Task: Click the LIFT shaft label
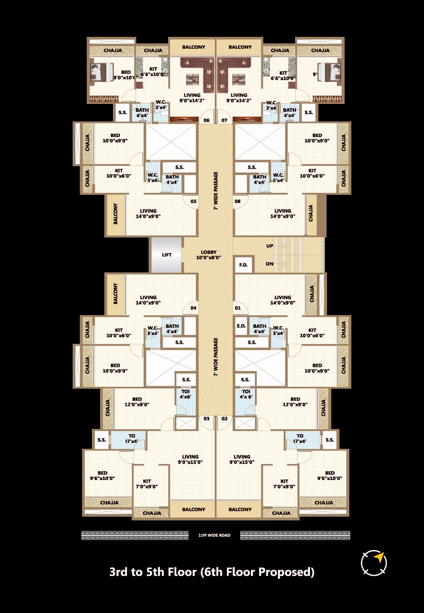(167, 255)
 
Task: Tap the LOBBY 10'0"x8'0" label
(208, 255)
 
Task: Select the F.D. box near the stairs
(243, 265)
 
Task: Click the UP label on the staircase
(270, 246)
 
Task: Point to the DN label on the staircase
(270, 264)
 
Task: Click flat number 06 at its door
(206, 120)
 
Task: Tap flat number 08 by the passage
(237, 201)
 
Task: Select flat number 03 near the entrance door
(206, 418)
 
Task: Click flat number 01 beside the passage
(237, 308)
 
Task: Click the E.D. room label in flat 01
(241, 326)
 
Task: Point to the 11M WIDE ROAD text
(214, 535)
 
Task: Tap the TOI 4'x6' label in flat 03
(185, 394)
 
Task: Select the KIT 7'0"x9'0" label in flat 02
(284, 484)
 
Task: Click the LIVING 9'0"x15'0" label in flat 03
(190, 459)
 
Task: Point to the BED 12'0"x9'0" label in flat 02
(295, 402)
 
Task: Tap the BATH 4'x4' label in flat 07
(289, 112)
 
